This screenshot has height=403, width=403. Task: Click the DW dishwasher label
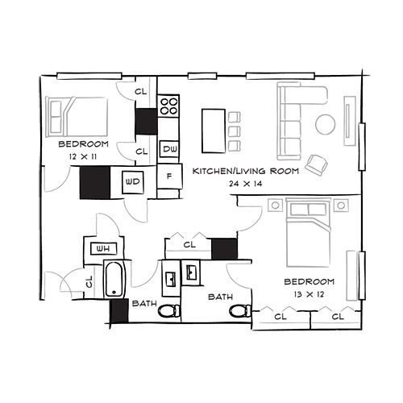tap(169, 149)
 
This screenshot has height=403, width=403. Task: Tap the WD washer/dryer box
tap(133, 182)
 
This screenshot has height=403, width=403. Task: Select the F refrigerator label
tap(169, 177)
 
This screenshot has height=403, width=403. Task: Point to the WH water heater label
tap(103, 249)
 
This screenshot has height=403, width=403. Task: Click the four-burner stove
tap(168, 106)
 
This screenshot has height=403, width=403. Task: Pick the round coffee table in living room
tap(326, 124)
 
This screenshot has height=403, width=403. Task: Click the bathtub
tap(114, 279)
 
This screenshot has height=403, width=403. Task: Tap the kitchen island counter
tap(214, 131)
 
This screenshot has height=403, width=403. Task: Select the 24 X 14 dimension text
tap(246, 184)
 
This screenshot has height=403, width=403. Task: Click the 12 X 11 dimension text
tap(83, 156)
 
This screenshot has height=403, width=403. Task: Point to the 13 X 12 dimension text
tap(309, 294)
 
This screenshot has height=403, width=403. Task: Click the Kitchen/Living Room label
tap(246, 171)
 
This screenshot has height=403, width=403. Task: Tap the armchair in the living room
tap(318, 164)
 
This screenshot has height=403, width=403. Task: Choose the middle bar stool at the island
tap(234, 131)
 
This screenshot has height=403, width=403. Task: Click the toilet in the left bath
tap(169, 311)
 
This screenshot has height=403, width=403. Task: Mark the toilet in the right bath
tap(241, 311)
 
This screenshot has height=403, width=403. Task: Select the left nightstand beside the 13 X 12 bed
tap(275, 206)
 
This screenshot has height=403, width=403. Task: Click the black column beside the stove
tap(146, 122)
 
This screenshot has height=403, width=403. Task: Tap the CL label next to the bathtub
tap(89, 281)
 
